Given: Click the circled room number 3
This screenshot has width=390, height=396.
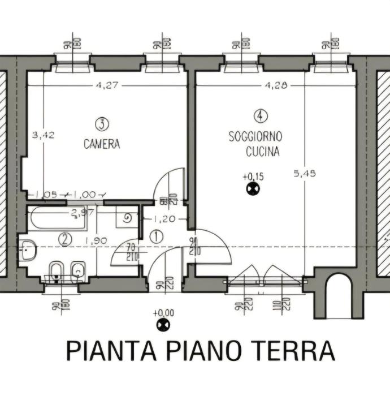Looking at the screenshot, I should [102, 123].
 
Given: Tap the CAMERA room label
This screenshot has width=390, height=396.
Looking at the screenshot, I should [102, 144].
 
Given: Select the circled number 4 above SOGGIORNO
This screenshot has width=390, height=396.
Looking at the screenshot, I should [261, 116].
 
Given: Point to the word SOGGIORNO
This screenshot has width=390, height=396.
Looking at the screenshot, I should [255, 136].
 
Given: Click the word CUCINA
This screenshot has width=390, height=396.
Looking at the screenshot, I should [262, 152].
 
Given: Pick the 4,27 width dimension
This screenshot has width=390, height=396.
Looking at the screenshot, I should [107, 86].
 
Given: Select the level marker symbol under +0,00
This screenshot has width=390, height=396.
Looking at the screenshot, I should [164, 325].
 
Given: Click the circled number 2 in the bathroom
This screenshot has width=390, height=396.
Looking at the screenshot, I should [66, 240].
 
